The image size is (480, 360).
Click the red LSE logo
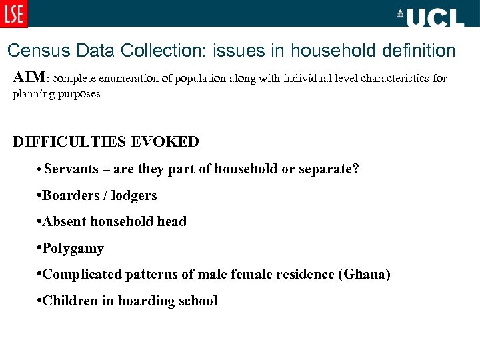click(x=14, y=13)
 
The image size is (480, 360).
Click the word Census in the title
click(x=34, y=51)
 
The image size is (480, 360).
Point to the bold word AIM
click(x=28, y=78)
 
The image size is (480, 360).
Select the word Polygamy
click(x=73, y=249)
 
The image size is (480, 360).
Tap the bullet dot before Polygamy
click(x=40, y=248)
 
